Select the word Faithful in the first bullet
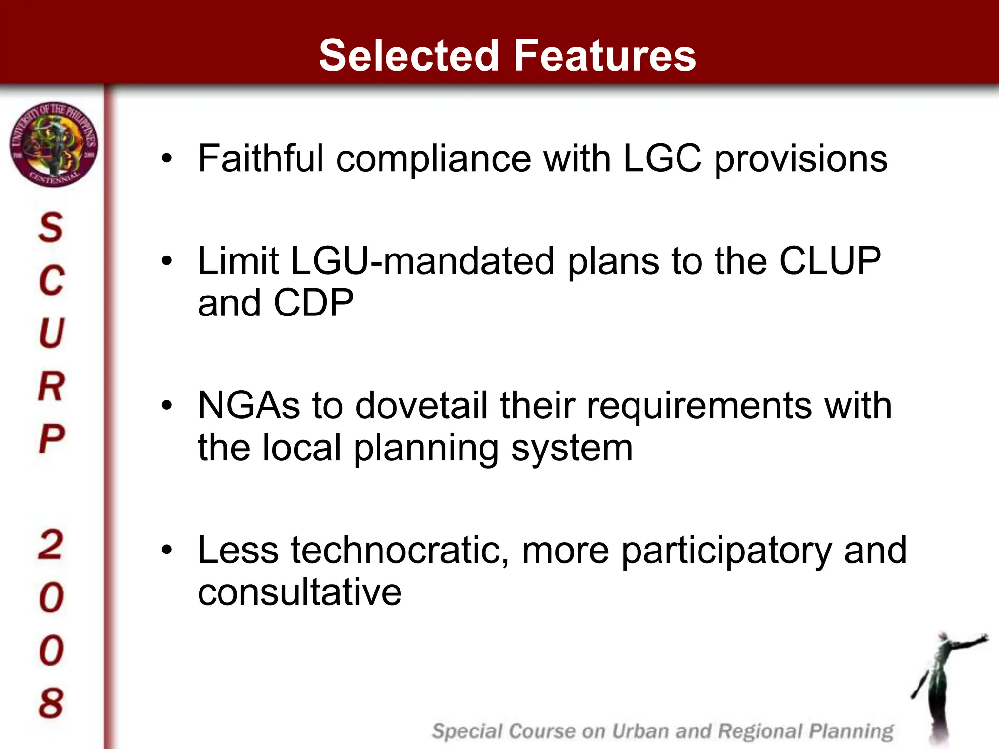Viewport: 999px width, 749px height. (260, 158)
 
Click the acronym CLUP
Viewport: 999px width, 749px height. (830, 261)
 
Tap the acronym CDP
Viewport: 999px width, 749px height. (313, 303)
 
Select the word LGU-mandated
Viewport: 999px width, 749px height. (422, 261)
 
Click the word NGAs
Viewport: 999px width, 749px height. (248, 406)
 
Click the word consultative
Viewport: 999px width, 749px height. (300, 592)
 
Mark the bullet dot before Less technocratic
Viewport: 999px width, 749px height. (167, 551)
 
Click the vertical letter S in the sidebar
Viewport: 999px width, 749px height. (51, 227)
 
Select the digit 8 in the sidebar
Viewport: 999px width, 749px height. (51, 703)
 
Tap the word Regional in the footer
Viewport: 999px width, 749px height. (759, 731)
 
